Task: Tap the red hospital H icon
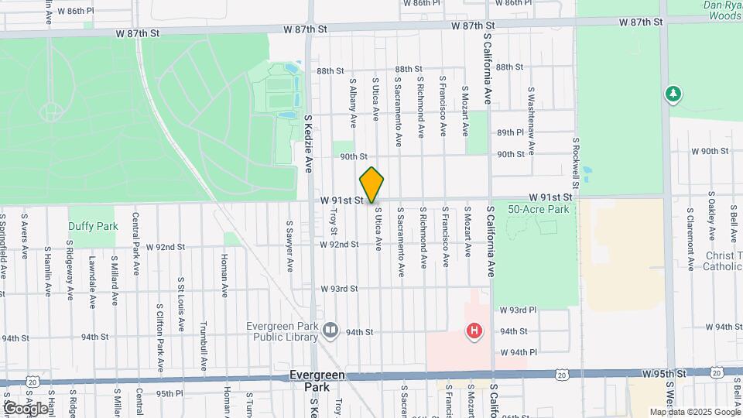474,332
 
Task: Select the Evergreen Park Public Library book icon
331,331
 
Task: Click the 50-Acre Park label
539,209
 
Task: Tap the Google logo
25,408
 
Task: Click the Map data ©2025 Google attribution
695,412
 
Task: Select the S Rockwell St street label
577,163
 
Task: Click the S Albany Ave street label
353,102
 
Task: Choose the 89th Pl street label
511,132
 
